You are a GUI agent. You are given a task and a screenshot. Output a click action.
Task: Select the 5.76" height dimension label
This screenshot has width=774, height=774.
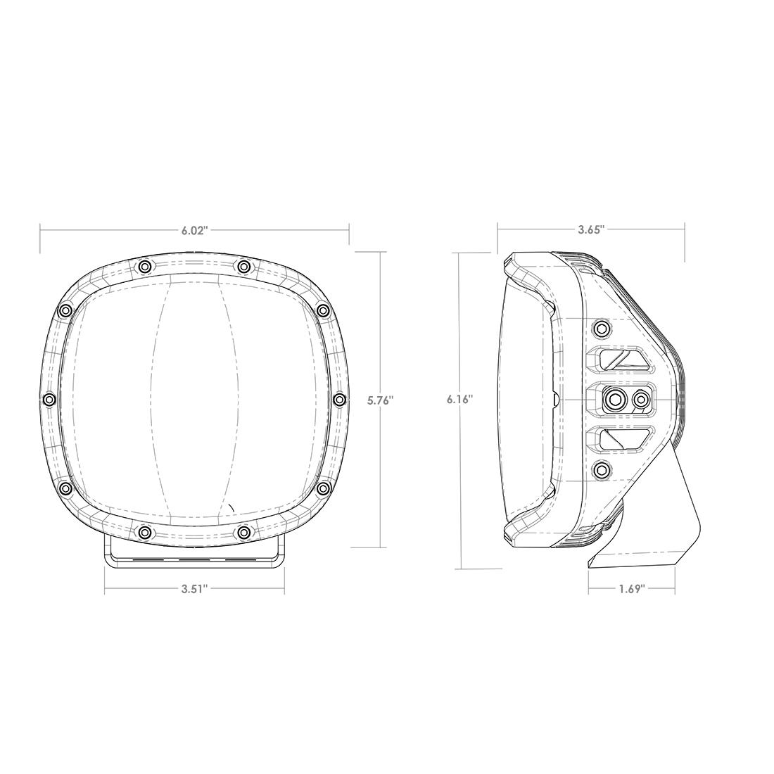point(381,400)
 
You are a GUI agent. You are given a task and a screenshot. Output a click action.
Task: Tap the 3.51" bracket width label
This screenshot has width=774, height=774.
point(194,589)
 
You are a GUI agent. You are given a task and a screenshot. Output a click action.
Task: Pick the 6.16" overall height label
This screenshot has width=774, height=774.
point(459,400)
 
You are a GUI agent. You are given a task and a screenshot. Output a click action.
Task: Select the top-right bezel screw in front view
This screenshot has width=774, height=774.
point(243,266)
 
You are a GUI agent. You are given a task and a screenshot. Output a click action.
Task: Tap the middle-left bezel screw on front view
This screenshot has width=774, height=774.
point(49,400)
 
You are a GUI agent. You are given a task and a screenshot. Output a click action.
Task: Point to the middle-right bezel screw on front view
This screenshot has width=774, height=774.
point(339,400)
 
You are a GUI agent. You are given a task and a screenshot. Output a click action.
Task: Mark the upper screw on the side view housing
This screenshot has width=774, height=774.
point(602,328)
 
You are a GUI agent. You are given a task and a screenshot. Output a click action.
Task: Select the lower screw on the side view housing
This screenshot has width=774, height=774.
point(602,470)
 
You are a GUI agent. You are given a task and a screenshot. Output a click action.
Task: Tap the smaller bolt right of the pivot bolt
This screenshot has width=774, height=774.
point(640,400)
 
